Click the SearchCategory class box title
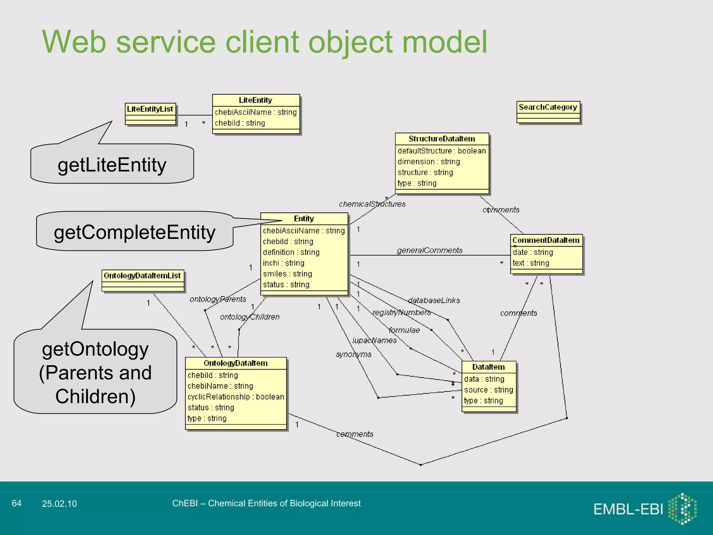point(548,107)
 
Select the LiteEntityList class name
point(150,109)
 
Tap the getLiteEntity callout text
point(112,165)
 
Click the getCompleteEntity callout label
point(135,232)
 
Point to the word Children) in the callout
point(95,396)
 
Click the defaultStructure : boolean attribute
point(441,151)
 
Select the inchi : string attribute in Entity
point(283,263)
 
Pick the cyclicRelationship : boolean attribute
point(236,397)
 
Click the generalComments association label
point(430,250)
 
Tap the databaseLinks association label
point(434,300)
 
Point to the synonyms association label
point(353,354)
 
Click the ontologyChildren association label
point(250,317)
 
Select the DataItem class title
point(488,367)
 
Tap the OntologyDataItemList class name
point(142,276)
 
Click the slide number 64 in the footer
point(16,503)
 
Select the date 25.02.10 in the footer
point(59,504)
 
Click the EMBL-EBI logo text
point(628,509)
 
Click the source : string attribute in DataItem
point(488,390)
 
